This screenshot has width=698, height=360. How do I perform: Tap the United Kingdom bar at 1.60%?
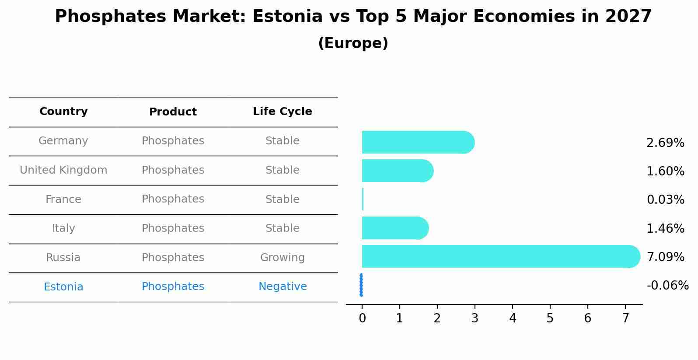[x=396, y=171]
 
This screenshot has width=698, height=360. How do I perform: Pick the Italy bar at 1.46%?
[x=394, y=228]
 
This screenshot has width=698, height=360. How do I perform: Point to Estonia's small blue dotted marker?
[x=361, y=285]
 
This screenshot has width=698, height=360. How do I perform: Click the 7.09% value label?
[x=665, y=257]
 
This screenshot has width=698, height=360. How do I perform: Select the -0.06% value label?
[x=667, y=286]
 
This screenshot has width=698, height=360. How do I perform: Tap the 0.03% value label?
[x=665, y=200]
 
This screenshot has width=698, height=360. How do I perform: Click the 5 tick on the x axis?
[x=550, y=318]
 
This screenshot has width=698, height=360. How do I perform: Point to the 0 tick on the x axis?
[x=362, y=318]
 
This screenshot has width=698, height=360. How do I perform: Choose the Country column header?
[x=63, y=112]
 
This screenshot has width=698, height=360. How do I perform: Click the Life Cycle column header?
[x=283, y=112]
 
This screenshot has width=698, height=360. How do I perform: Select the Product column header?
[x=173, y=112]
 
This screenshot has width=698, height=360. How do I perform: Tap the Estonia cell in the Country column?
[x=63, y=287]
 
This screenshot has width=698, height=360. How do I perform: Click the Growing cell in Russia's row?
[x=283, y=258]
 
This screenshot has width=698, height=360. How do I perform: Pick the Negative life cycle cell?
[x=283, y=287]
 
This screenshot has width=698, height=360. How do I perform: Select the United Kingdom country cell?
[x=63, y=170]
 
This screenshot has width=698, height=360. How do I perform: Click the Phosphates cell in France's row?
[x=173, y=199]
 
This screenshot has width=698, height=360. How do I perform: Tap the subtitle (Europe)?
[x=353, y=43]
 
